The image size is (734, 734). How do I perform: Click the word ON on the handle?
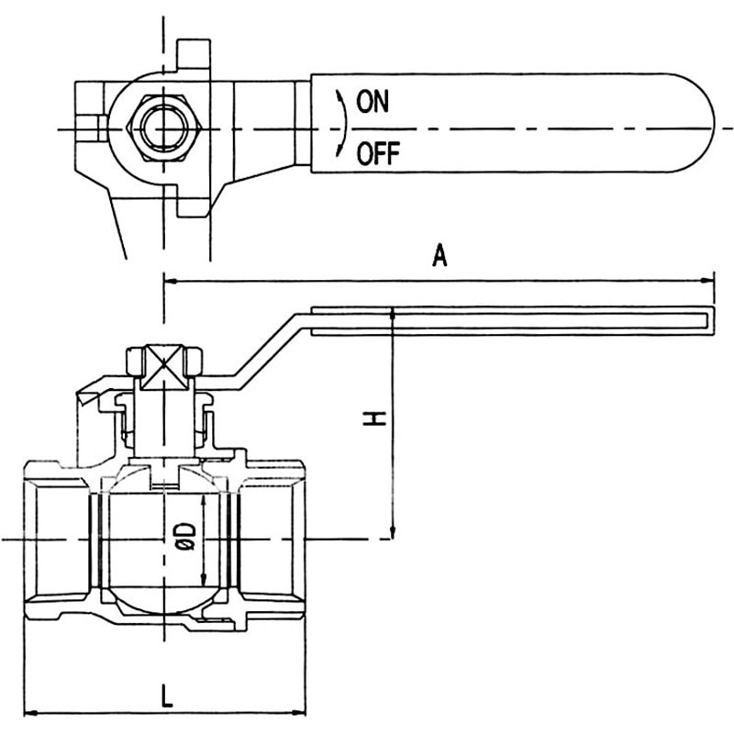point(373,102)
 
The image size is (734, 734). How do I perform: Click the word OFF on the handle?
point(378,153)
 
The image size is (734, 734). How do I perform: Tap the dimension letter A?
point(439,256)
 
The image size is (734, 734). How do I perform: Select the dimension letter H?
point(374,418)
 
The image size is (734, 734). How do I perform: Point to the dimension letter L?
point(167,695)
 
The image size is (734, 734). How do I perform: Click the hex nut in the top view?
point(164,128)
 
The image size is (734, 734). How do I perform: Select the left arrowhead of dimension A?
point(171,282)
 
